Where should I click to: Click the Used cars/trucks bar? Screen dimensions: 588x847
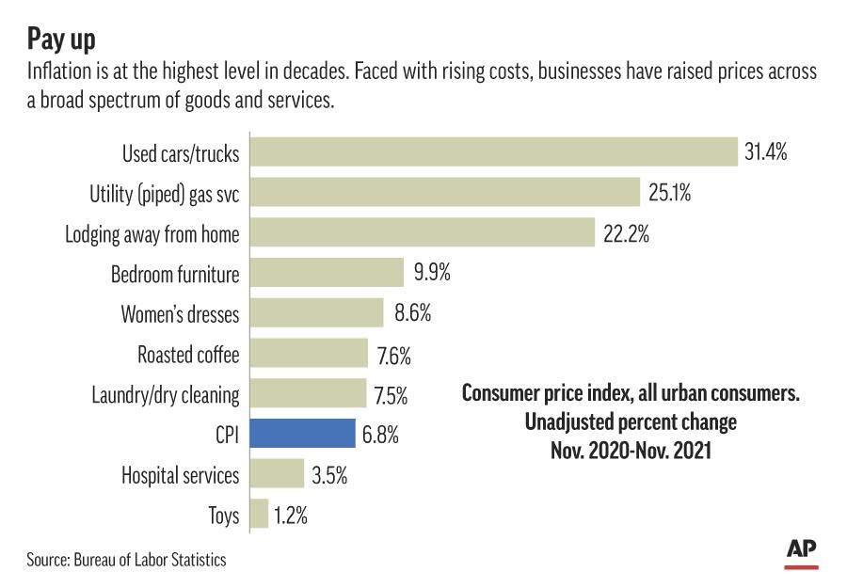coord(493,153)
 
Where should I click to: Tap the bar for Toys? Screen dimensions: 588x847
coord(259,516)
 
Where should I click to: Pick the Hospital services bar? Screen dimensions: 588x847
coord(277,475)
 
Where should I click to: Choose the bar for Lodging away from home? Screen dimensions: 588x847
coord(423,233)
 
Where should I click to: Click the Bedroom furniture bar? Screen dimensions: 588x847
coord(327,274)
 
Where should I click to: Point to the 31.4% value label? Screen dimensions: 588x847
coord(765,153)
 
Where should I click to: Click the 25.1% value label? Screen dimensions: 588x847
coord(670,194)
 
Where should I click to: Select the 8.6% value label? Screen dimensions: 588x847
coord(412,314)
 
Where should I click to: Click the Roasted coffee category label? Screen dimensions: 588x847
coord(188,355)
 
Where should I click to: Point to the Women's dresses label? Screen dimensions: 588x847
coord(180,314)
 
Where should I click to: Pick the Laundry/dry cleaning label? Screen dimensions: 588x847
coord(166,395)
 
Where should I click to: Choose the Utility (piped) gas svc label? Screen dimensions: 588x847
coord(165,194)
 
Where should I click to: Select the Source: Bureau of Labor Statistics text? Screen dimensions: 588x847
coord(126,560)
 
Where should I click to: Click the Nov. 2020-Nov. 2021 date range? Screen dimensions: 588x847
coord(631,451)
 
